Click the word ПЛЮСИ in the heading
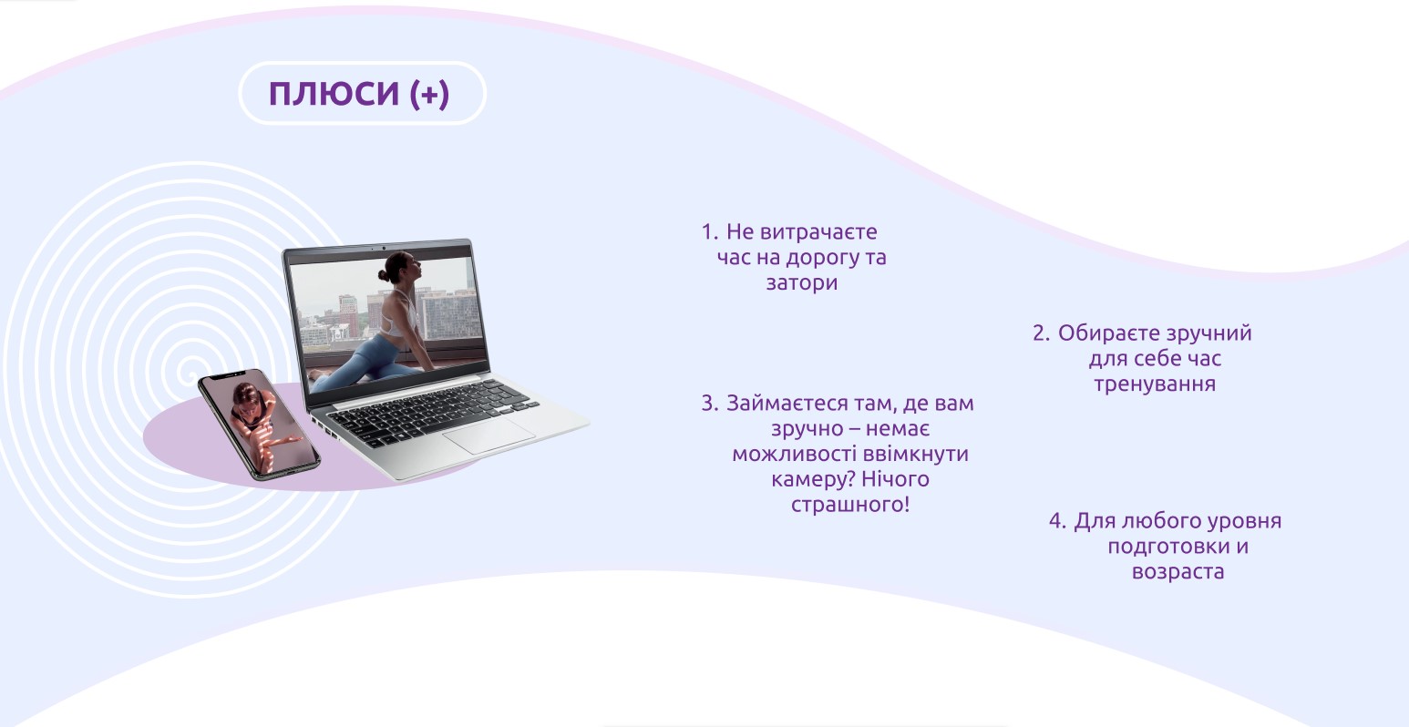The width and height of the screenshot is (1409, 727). tap(334, 94)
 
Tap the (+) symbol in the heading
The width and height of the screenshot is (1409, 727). tap(429, 95)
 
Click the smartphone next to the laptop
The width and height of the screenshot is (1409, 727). tap(259, 425)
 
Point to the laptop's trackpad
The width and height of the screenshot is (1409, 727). tap(489, 435)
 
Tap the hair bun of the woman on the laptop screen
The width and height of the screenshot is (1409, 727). tap(383, 275)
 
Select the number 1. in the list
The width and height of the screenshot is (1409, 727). tap(710, 231)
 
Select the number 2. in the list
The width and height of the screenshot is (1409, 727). tap(1041, 333)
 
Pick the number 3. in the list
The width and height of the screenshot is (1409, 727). tap(710, 403)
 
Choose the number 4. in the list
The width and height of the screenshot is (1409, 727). tap(1057, 520)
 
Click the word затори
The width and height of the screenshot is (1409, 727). tap(802, 283)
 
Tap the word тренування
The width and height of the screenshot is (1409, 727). tap(1155, 384)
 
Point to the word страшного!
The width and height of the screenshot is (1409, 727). tap(850, 505)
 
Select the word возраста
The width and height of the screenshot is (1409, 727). tap(1178, 571)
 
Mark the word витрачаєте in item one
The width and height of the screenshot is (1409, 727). tap(818, 231)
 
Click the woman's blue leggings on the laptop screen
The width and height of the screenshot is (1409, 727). tap(370, 363)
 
